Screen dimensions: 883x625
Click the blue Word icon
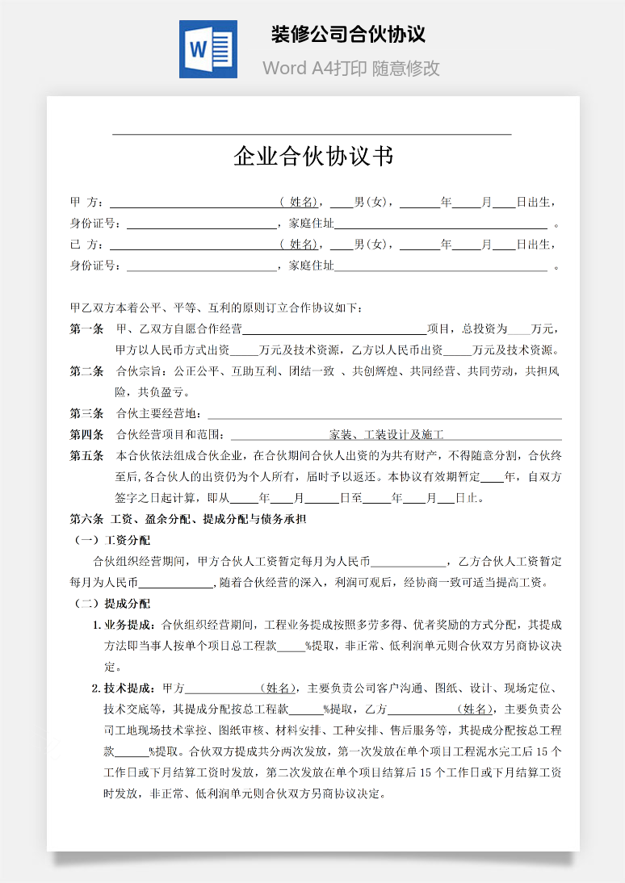208,49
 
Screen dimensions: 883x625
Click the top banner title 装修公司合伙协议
348,35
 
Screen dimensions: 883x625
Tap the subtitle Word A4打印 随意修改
350,68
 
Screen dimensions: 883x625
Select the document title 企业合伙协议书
313,156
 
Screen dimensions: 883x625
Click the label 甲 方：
86,202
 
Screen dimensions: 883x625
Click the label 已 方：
86,245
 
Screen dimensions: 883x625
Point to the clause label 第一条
86,329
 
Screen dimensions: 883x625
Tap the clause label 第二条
86,371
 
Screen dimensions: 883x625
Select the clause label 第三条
86,414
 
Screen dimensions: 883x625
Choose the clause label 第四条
86,435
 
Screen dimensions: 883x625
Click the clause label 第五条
86,456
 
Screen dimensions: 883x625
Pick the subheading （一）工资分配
112,540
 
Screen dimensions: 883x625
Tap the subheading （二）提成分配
112,603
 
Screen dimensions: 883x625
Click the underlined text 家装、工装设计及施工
387,435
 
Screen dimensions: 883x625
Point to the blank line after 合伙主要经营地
384,415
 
